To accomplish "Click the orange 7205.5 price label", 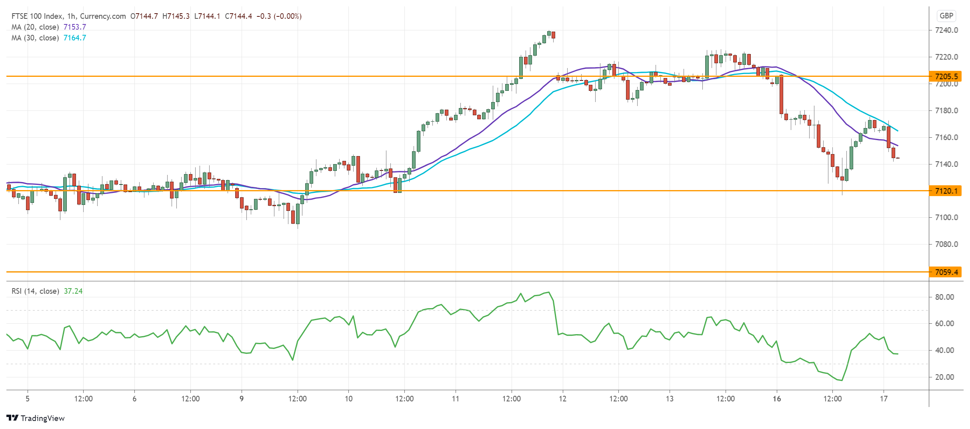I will coord(946,76).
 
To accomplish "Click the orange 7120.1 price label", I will coord(946,191).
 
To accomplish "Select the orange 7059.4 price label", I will coord(946,272).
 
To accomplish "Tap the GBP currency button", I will coord(946,16).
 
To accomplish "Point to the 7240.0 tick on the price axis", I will coord(946,30).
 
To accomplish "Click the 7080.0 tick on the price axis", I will coord(946,244).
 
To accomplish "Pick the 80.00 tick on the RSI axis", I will coord(944,297).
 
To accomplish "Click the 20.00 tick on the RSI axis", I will coord(944,377).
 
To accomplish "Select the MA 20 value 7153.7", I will coord(75,27).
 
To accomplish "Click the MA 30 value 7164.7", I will coord(75,38).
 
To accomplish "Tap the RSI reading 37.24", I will coord(73,291).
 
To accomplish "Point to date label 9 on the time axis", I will coord(242,399).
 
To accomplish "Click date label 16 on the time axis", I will coord(777,399).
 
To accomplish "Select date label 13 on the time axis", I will coord(670,399).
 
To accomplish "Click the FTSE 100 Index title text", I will coord(37,16).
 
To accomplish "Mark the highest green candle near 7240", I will coord(549,33).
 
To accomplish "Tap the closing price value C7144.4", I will coord(238,16).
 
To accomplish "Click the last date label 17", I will coord(884,399).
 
